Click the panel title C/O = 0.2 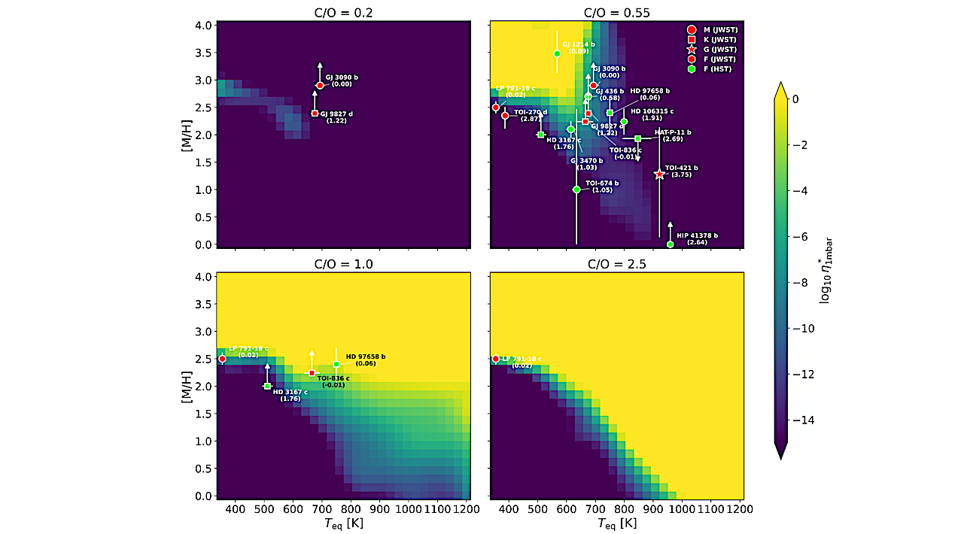(x=342, y=12)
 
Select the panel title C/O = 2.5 (x=616, y=264)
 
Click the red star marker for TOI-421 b (x=660, y=174)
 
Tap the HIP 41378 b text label (x=697, y=235)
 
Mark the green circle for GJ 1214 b (x=557, y=53)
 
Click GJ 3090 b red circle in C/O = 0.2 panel (x=320, y=85)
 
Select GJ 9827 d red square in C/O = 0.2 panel (x=315, y=114)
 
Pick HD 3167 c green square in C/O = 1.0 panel (x=267, y=386)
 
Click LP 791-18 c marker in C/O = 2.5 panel (x=495, y=359)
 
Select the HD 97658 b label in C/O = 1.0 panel (x=366, y=357)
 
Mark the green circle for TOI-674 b (x=576, y=190)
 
